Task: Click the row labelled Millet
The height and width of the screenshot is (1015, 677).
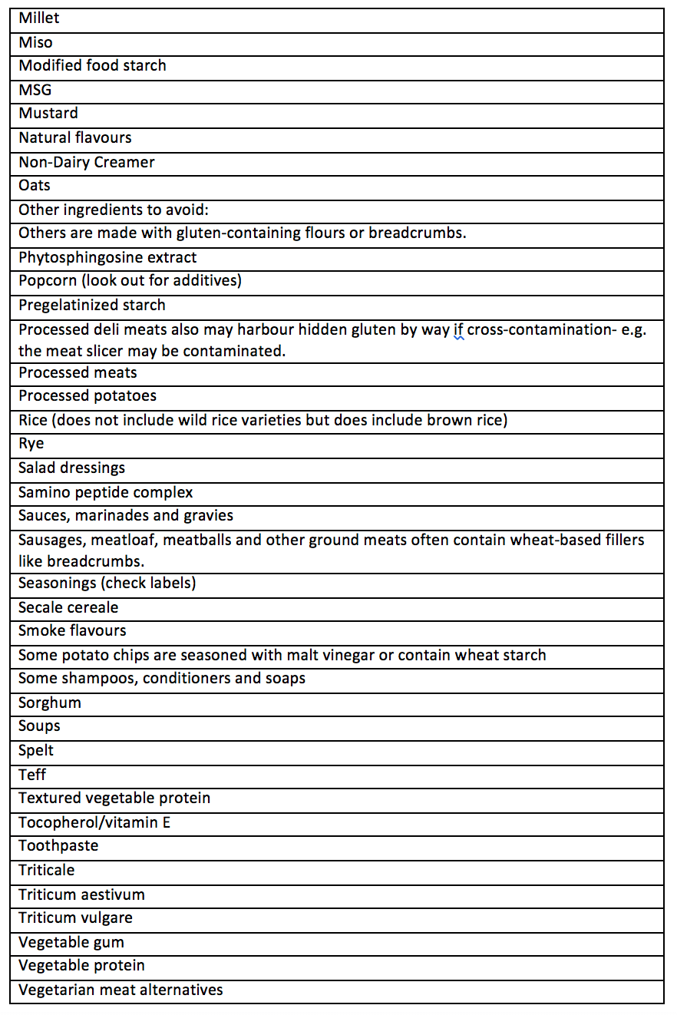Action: pos(39,18)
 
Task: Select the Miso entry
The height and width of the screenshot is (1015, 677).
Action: pos(35,43)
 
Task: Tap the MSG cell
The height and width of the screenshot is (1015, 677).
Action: pos(35,91)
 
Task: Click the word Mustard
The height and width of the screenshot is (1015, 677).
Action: pos(48,114)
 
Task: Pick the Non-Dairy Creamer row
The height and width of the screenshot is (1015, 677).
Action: pos(87,162)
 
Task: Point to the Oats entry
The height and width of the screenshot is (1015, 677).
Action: pos(35,186)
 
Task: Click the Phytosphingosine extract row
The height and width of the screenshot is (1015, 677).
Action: pos(107,257)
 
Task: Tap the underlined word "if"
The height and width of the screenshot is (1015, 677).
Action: pos(458,330)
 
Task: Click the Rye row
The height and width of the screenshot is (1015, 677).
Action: pos(31,444)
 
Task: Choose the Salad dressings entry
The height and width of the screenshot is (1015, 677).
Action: pos(71,468)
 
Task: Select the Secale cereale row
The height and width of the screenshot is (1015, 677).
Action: pos(68,607)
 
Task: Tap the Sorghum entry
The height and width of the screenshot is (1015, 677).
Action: pos(50,703)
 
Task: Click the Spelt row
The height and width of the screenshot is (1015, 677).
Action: pos(36,750)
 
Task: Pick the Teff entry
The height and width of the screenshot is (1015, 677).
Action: pos(33,775)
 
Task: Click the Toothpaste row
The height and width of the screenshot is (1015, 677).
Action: pos(58,846)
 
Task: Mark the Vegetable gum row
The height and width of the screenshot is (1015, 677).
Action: pos(71,942)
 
